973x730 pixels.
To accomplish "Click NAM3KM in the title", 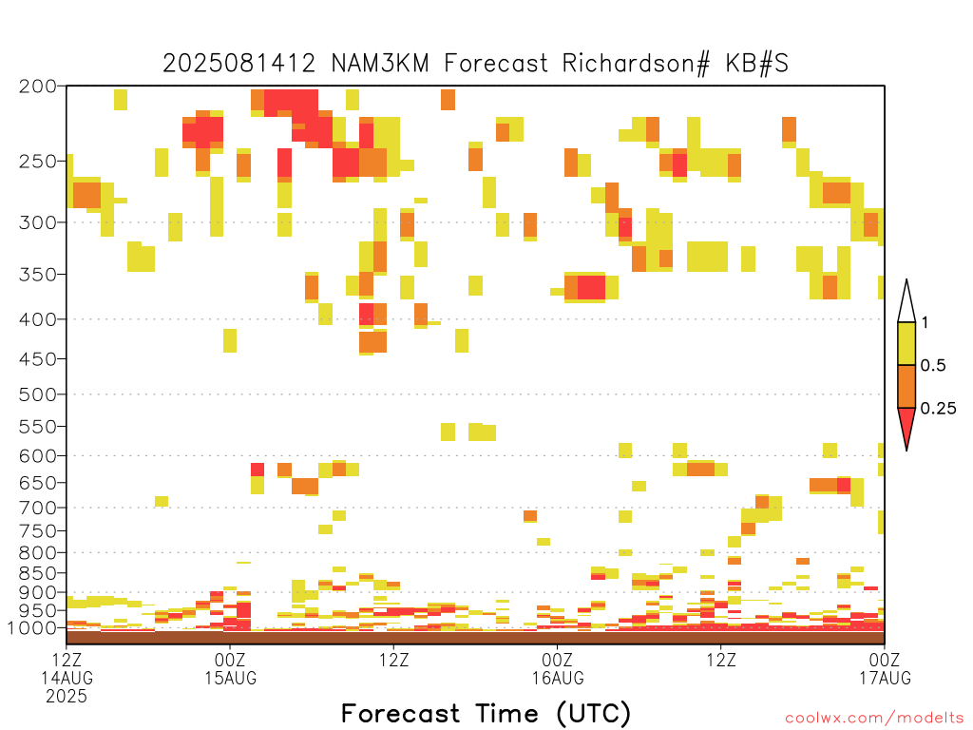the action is coord(380,64).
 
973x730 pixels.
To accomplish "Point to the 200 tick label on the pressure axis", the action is coord(38,86).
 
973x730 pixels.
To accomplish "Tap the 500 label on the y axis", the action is coord(38,394).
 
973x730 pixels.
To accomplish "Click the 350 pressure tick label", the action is coord(38,275).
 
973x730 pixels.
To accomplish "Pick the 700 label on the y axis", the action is coord(38,508).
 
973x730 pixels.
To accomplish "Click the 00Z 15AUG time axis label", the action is coord(230,668).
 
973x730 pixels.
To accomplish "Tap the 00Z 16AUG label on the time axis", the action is coord(557,668).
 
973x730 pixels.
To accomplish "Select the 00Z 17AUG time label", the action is coord(885,668).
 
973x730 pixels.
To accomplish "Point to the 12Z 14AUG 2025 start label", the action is coord(67,677).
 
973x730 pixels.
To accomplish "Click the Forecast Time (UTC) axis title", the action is coord(486,714).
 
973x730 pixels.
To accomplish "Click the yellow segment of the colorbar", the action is coord(906,343).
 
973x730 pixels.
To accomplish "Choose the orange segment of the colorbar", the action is coord(906,386).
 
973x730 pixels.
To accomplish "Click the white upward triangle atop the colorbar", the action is coord(906,304).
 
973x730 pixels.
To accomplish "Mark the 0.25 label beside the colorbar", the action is coord(938,409).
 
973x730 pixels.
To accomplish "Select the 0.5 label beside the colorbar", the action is coord(933,366).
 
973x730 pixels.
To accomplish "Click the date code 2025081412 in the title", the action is coord(238,64).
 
